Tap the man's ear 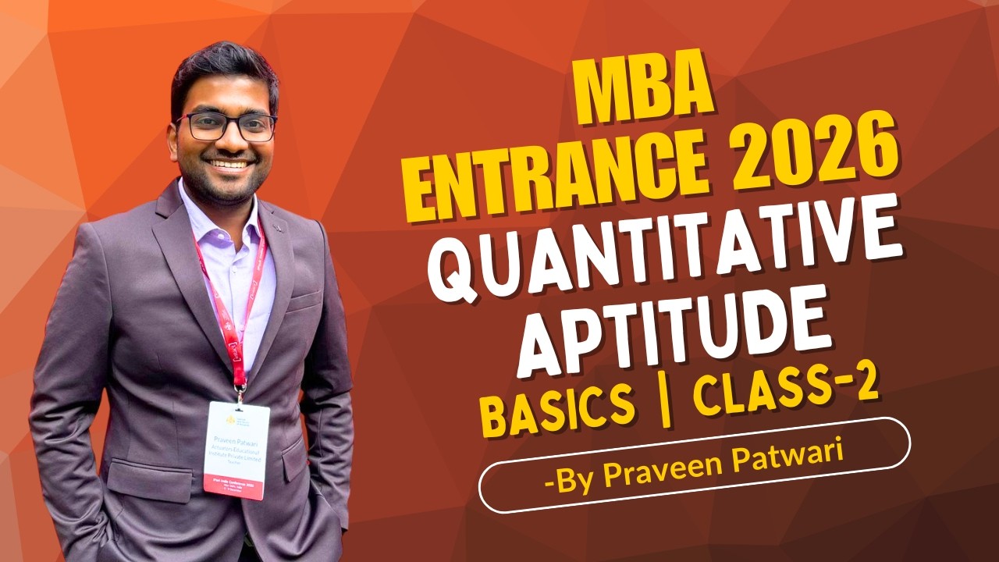pyautogui.click(x=173, y=137)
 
